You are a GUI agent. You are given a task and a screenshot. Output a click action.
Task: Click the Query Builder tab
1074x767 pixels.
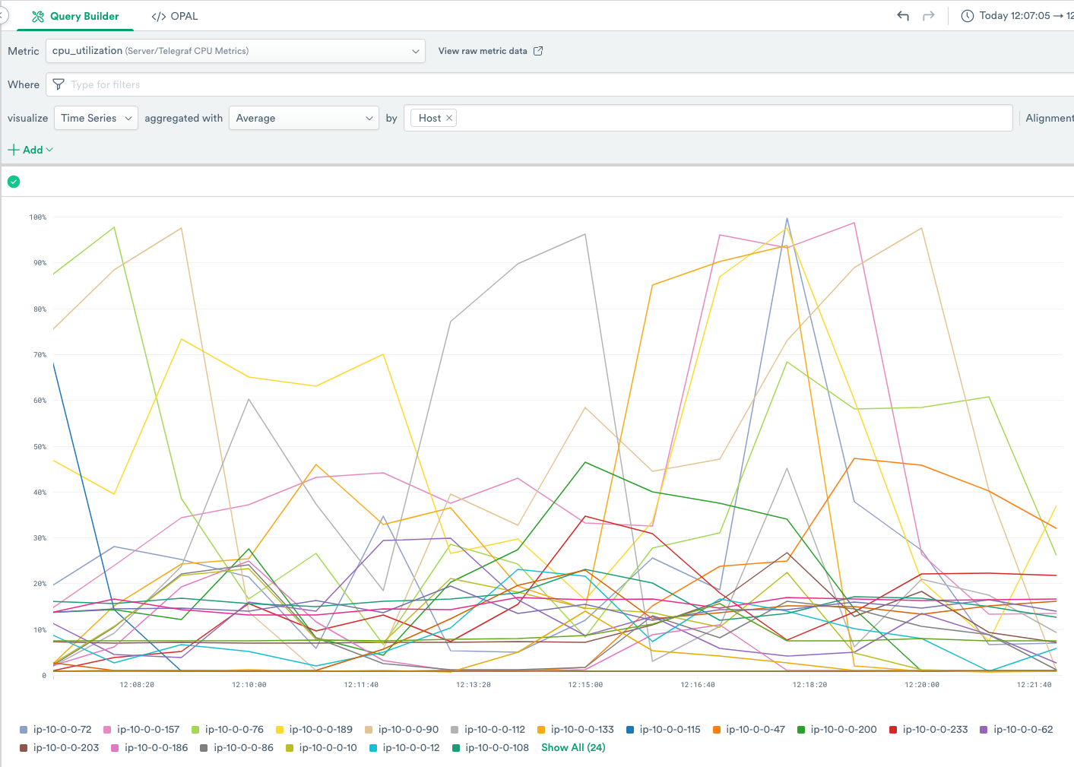click(x=75, y=16)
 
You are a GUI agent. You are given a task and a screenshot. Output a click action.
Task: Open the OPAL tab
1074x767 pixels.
click(x=175, y=16)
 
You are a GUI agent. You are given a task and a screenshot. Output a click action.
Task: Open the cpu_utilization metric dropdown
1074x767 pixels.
click(x=235, y=51)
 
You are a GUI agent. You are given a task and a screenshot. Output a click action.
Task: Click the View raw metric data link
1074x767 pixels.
click(x=490, y=51)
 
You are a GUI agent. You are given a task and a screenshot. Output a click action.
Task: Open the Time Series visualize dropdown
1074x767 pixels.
click(x=97, y=118)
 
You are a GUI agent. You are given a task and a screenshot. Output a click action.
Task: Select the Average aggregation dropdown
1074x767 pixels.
click(x=304, y=118)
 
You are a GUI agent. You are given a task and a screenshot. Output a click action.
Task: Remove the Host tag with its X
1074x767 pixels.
click(x=449, y=118)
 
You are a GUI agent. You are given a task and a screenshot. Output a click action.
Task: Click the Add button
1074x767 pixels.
click(x=30, y=150)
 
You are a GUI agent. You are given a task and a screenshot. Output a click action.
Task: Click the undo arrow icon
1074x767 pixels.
click(x=903, y=16)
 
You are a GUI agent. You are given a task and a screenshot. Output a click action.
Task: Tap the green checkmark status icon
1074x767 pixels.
click(x=14, y=181)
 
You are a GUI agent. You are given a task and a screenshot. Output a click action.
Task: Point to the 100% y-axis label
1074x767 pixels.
click(x=38, y=217)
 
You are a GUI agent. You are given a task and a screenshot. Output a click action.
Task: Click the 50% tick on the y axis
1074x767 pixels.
click(x=39, y=447)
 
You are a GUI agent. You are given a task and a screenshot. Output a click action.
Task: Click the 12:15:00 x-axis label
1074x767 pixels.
click(x=585, y=685)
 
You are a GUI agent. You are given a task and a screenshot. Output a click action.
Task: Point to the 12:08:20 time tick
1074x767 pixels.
click(x=137, y=685)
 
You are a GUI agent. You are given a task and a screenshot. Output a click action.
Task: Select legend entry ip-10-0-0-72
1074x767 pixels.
click(x=62, y=730)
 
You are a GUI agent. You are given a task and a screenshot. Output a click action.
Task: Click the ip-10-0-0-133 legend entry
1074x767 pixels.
click(x=581, y=730)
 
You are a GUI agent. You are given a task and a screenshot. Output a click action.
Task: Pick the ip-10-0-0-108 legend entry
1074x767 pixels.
click(x=496, y=748)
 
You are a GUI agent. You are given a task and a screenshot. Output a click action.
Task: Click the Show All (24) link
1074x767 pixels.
click(x=573, y=748)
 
